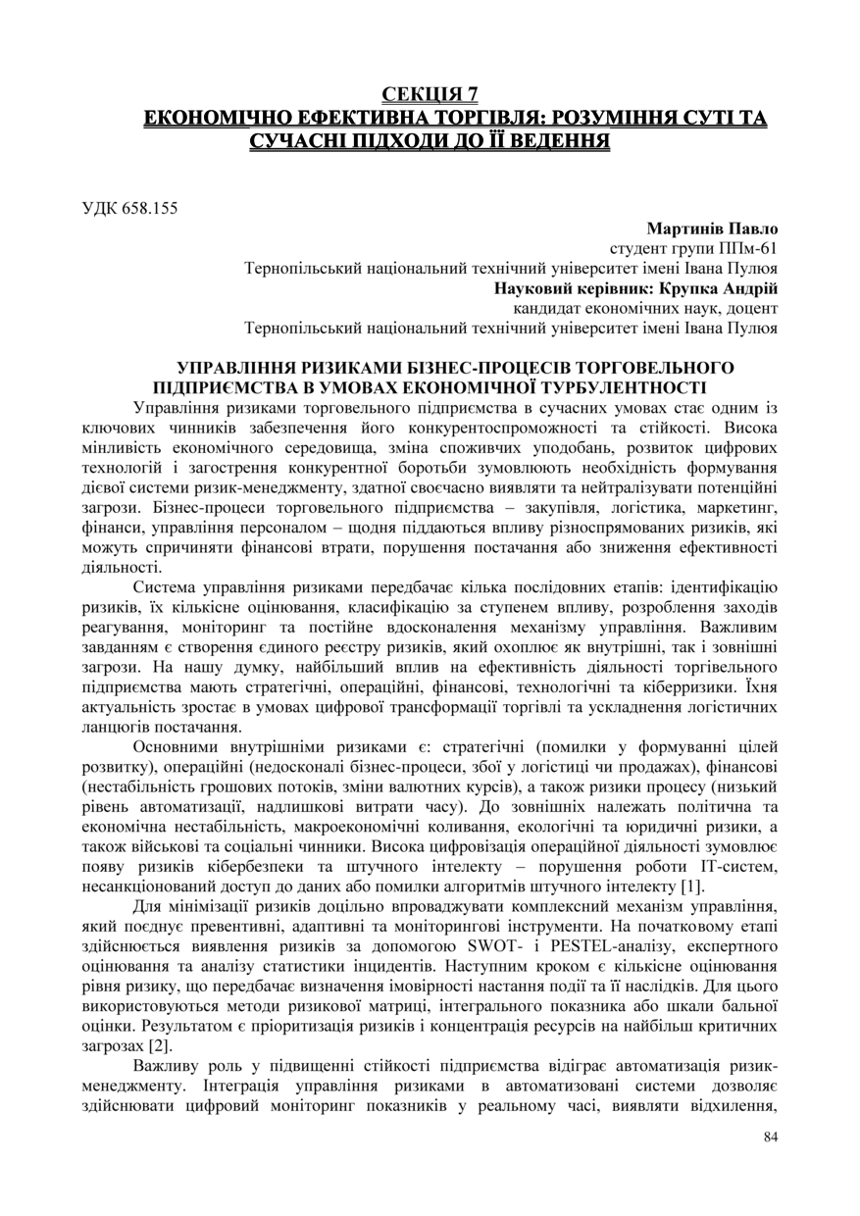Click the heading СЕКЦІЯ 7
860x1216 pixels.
[x=430, y=95]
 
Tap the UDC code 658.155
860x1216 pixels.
[x=130, y=207]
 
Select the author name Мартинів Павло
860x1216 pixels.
[x=712, y=228]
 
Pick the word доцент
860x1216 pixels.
[x=750, y=308]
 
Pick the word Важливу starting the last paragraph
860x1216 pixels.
[x=166, y=1065]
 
